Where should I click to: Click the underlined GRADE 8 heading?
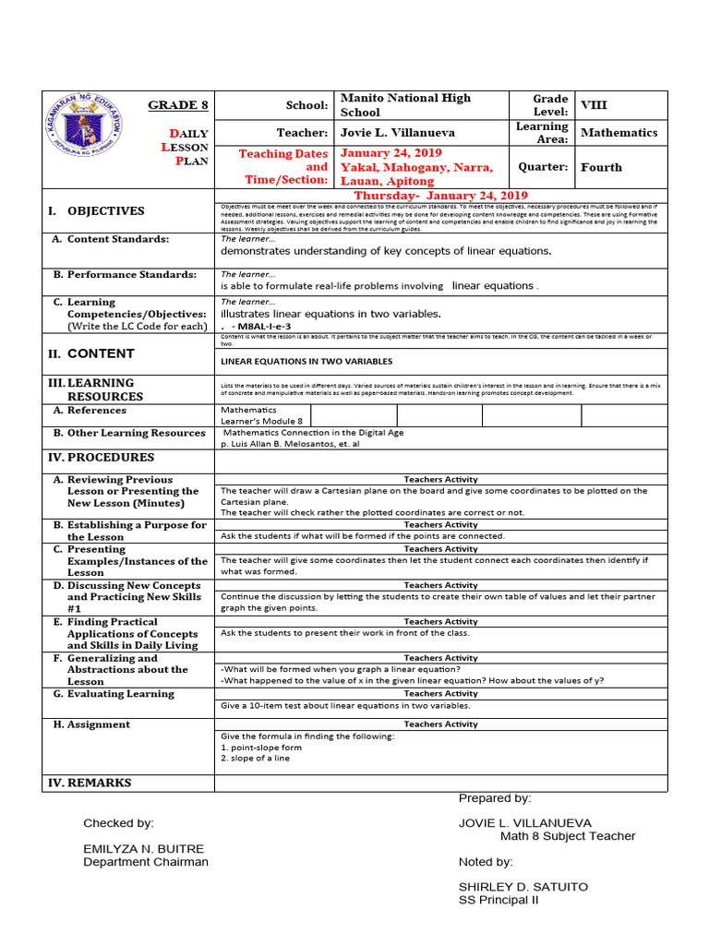(x=178, y=105)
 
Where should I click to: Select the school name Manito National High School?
(x=406, y=105)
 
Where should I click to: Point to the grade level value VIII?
(x=594, y=105)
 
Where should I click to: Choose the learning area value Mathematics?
(x=619, y=133)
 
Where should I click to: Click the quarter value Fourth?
(x=601, y=168)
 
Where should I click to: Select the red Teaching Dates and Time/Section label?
(x=283, y=167)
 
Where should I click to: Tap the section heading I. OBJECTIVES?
(x=97, y=211)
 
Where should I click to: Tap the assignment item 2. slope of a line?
(x=255, y=759)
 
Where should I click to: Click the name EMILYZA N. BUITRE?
(x=143, y=848)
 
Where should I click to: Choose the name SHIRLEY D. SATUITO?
(x=523, y=887)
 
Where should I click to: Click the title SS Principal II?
(x=499, y=901)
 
